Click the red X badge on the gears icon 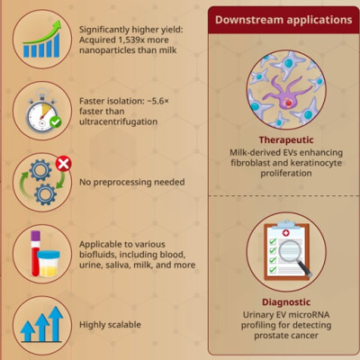click(x=62, y=163)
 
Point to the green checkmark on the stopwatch click(x=55, y=121)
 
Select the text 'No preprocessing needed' click(x=131, y=182)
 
